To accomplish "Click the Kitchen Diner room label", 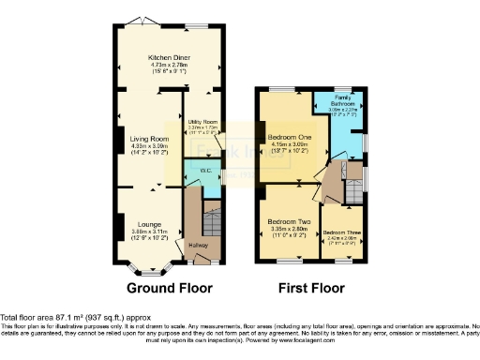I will click(170, 58).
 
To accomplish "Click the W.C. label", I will click(205, 171).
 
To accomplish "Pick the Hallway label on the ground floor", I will click(197, 245).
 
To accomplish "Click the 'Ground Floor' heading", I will click(170, 288).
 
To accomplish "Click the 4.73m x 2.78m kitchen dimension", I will click(170, 66).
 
